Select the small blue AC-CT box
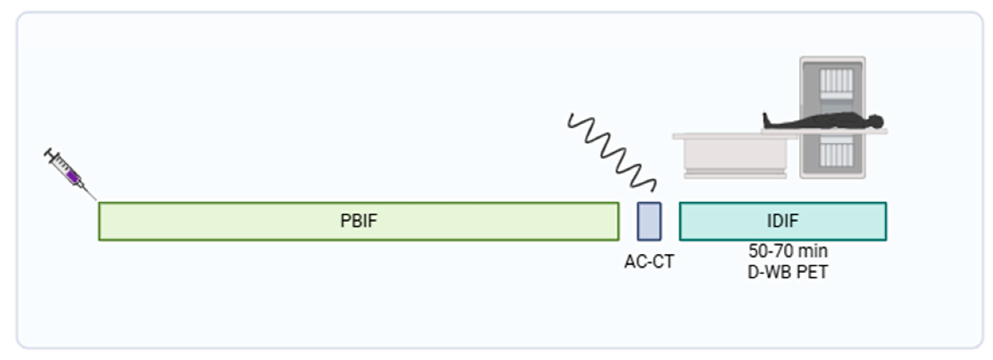(649, 221)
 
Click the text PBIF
(359, 221)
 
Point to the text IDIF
(783, 221)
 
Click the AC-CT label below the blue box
(649, 262)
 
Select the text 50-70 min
(788, 251)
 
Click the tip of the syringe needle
(96, 200)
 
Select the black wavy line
(612, 152)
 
